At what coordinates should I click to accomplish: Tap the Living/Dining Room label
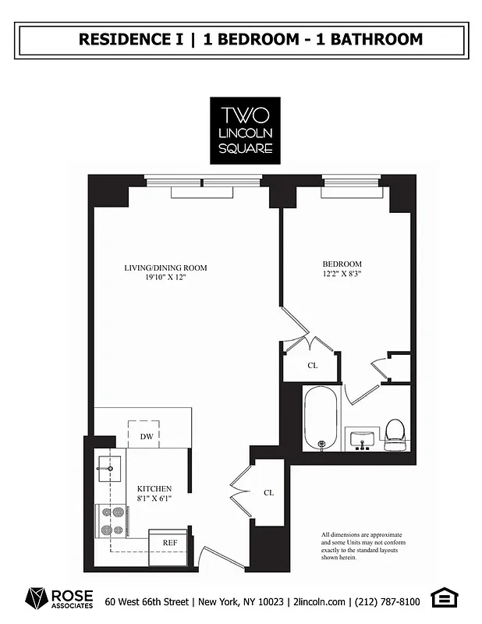(165, 268)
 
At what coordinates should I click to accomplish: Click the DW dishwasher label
(146, 437)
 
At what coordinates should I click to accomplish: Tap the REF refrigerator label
(168, 542)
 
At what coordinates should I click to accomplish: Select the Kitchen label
(154, 488)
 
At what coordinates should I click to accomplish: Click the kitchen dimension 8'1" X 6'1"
(154, 498)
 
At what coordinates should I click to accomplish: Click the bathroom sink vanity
(361, 439)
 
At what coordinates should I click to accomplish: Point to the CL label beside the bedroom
(312, 365)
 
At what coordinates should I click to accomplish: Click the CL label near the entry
(268, 492)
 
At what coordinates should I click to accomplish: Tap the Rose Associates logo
(59, 599)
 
